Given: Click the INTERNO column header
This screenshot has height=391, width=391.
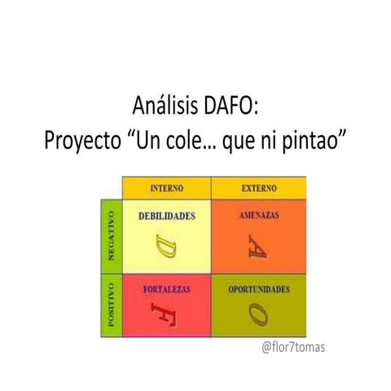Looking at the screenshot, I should tap(167, 189).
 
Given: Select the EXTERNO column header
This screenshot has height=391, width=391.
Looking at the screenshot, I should tap(259, 189).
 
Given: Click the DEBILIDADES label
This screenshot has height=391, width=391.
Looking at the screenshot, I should tap(167, 216).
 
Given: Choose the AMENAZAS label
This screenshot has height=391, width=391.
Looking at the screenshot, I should tap(259, 215).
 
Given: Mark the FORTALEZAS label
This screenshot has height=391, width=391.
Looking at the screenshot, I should tap(167, 290).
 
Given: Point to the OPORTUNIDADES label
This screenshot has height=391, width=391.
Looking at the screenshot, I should tap(259, 289).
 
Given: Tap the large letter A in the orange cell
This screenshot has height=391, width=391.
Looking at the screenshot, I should tap(260, 245).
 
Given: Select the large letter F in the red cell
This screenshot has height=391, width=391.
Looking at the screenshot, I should tap(166, 314).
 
